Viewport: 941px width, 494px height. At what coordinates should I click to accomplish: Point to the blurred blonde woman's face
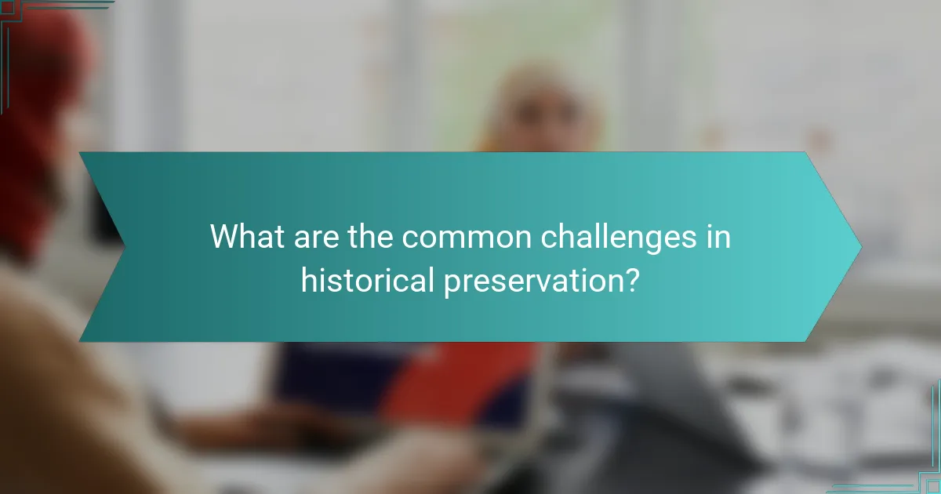[541, 118]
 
